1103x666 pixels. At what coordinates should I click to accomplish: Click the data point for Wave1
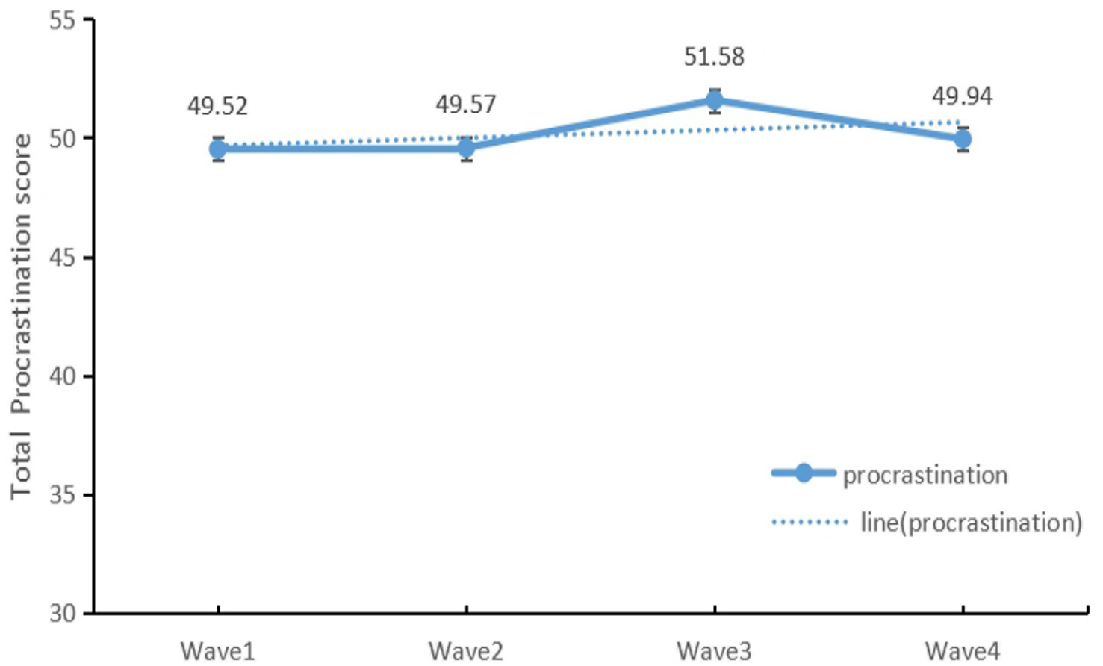[x=218, y=149]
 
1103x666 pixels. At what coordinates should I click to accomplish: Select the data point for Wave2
[x=467, y=149]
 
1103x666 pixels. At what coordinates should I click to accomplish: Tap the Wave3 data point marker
[x=715, y=101]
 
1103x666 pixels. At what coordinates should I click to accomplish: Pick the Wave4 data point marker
[x=963, y=140]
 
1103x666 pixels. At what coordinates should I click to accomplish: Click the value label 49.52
[x=217, y=107]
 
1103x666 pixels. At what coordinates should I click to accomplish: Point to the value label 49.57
[x=466, y=105]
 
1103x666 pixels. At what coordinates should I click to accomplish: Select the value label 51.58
[x=715, y=57]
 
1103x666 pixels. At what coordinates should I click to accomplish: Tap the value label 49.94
[x=963, y=97]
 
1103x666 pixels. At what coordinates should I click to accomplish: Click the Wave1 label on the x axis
[x=218, y=650]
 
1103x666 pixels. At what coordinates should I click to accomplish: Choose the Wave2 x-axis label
[x=466, y=650]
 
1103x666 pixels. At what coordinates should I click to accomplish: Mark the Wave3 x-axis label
[x=715, y=650]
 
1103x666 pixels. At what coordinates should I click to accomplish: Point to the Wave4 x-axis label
[x=963, y=650]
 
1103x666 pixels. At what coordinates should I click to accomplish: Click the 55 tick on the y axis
[x=63, y=20]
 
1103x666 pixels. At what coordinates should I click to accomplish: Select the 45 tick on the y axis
[x=63, y=258]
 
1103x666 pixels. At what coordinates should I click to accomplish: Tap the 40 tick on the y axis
[x=63, y=376]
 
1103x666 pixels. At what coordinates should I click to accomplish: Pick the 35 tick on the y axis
[x=63, y=495]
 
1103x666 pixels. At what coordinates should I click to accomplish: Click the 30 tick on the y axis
[x=63, y=614]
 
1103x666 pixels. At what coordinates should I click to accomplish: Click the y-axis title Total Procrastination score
[x=22, y=316]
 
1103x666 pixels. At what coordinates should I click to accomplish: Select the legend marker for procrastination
[x=804, y=473]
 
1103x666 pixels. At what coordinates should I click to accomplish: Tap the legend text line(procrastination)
[x=972, y=523]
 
